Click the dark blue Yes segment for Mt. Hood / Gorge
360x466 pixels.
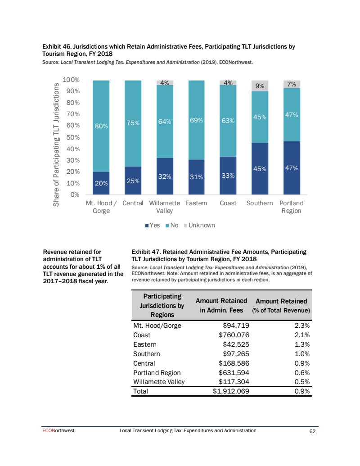[x=101, y=183]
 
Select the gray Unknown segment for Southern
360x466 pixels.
[x=260, y=86]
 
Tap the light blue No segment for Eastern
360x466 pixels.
[x=196, y=120]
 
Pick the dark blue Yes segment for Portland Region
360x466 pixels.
[x=291, y=168]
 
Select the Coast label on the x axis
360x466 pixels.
[x=228, y=203]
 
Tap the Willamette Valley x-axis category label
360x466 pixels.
[x=164, y=207]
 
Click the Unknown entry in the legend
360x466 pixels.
[x=201, y=225]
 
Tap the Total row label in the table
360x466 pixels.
[x=140, y=391]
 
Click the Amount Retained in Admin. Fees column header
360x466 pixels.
[x=221, y=305]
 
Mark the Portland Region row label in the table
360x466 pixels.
[x=157, y=372]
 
